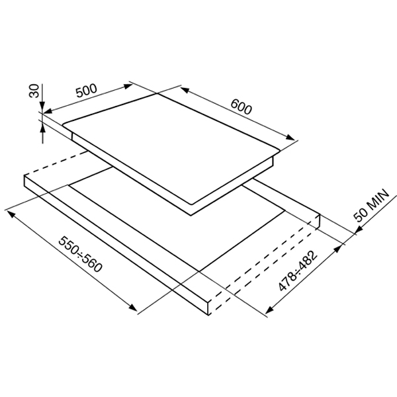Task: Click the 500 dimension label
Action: (87, 91)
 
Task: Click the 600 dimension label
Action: (242, 107)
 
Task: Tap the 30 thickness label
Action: (34, 91)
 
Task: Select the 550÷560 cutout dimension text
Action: (81, 254)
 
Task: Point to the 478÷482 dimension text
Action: (298, 271)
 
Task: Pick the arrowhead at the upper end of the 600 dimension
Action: (185, 90)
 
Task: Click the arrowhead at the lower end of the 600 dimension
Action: (290, 137)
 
